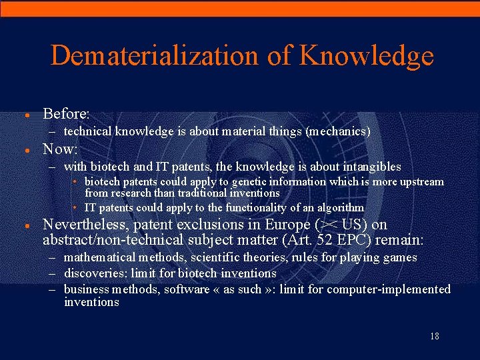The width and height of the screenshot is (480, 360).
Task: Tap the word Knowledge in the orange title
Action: (x=366, y=56)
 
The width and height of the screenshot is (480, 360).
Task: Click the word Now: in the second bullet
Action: (x=61, y=149)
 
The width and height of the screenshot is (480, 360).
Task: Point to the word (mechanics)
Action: (x=337, y=132)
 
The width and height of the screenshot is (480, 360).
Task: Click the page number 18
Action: (x=435, y=336)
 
